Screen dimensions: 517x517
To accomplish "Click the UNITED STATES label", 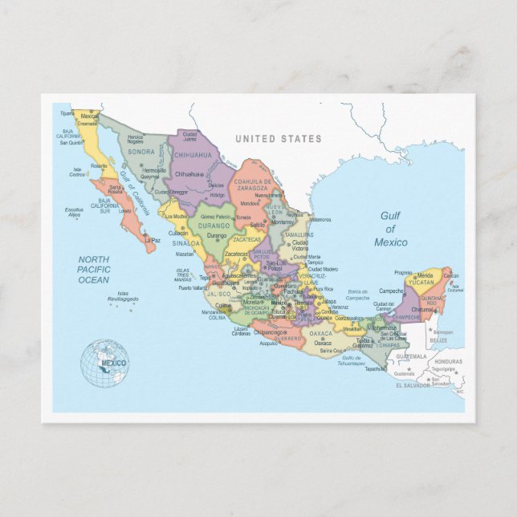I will [x=278, y=139].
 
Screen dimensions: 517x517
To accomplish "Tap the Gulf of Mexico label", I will [x=390, y=229].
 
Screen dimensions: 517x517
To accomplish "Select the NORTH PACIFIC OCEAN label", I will [x=93, y=269].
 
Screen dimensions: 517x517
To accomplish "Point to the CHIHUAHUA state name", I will [x=193, y=155].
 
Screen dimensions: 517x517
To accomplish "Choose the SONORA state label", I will [x=141, y=152].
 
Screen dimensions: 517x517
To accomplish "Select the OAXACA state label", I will [x=320, y=334].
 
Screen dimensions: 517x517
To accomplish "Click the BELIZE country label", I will [x=438, y=340].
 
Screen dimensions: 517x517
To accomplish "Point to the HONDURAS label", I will [x=448, y=361].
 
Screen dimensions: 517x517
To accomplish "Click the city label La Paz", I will [x=152, y=239].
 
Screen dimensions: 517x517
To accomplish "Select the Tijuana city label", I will [x=67, y=113].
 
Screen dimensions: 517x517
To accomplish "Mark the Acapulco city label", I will [x=267, y=342].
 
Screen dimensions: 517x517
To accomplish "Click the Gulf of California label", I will [x=134, y=193].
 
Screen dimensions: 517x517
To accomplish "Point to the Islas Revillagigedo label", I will [x=124, y=296].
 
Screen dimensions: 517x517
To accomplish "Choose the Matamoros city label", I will [x=320, y=218].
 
